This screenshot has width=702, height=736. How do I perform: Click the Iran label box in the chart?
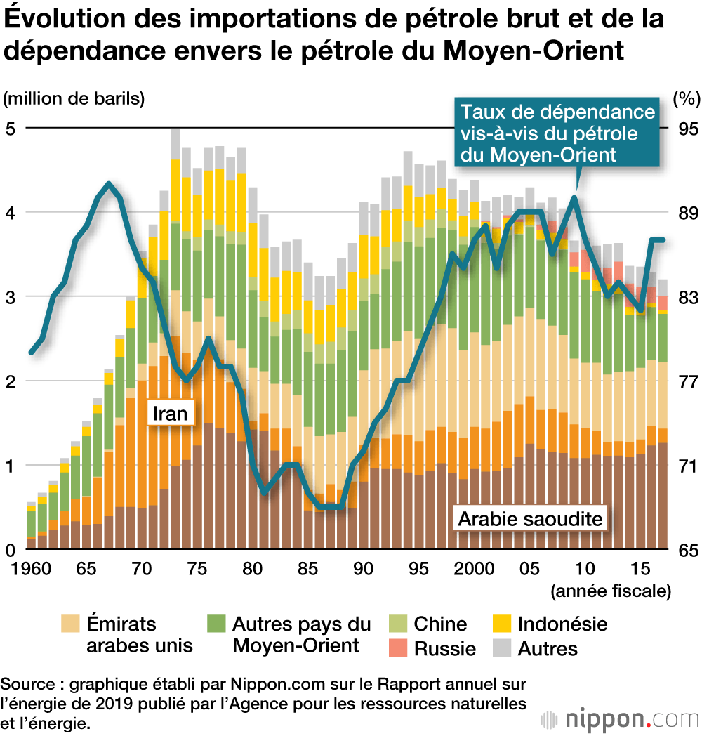[169, 413]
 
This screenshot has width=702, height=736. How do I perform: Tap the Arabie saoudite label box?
[531, 520]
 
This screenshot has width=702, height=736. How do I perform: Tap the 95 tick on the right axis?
[687, 129]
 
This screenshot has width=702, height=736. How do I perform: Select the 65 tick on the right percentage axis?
[687, 550]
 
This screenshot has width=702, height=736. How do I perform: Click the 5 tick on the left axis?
[11, 129]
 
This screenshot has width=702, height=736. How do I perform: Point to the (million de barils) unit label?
[74, 98]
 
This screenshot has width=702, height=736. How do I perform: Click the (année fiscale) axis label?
[610, 591]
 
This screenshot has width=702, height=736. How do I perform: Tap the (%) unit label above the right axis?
[686, 98]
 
